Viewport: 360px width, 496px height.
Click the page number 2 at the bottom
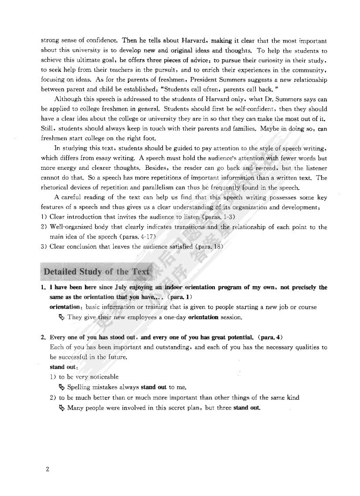48,469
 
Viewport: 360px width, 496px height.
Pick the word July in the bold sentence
123,287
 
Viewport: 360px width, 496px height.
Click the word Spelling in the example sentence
79,387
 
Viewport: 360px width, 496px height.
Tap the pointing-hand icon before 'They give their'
61,317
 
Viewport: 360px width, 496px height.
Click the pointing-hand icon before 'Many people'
61,408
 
